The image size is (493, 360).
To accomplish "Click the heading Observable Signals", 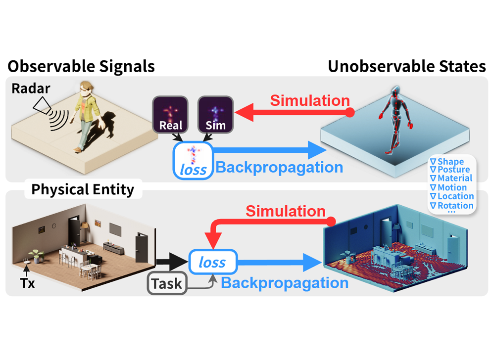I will click(81, 66).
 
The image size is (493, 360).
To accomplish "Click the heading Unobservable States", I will click(407, 66).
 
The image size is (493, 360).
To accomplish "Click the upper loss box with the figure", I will click(192, 160).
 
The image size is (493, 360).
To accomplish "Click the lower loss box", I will click(213, 263).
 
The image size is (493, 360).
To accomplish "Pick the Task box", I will click(167, 284).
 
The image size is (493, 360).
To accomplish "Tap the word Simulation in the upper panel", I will click(310, 100).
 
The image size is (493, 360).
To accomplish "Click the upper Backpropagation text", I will click(279, 167).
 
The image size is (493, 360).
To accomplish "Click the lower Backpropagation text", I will click(284, 283).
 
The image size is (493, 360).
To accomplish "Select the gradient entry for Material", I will click(451, 178).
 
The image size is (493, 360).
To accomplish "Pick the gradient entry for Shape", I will click(447, 161).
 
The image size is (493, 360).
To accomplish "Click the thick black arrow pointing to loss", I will click(171, 263).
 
